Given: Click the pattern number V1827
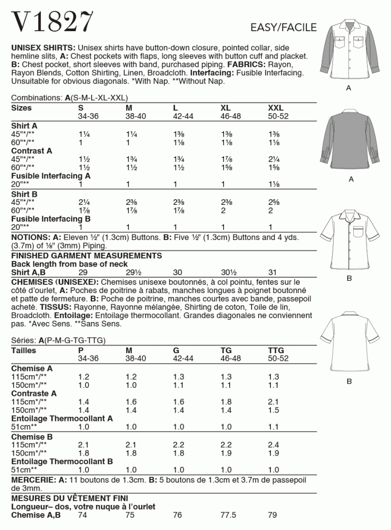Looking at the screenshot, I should click(x=52, y=22).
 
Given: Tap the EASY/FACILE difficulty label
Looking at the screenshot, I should click(x=284, y=28).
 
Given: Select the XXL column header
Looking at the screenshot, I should click(x=275, y=108).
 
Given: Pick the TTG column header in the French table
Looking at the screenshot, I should click(x=275, y=351).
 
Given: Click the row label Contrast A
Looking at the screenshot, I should click(x=32, y=151).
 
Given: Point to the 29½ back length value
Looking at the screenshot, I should click(x=133, y=272).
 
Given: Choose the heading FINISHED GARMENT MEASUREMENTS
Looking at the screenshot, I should click(x=87, y=255).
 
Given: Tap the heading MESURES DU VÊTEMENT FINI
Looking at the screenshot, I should click(x=70, y=498).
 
